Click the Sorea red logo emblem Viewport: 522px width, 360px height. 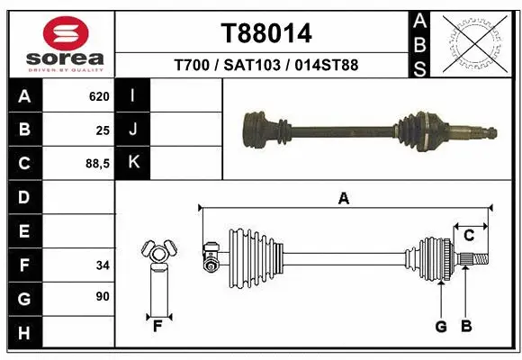60,33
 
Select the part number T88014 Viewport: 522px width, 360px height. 266,33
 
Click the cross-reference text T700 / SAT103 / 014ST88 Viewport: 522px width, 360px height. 266,65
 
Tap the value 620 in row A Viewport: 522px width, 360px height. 98,96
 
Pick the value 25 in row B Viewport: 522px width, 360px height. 102,130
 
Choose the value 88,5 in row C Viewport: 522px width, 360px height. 96,163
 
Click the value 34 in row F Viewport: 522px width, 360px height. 102,265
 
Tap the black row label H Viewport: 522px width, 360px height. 24,333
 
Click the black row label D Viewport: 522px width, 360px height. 24,197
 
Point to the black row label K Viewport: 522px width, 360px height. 133,163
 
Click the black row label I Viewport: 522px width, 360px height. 133,96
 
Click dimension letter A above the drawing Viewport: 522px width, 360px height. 343,199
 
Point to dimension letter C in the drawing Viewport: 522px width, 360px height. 469,236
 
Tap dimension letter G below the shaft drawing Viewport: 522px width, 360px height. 441,327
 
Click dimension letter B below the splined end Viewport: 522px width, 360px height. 466,327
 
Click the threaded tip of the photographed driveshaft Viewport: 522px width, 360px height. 490,133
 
